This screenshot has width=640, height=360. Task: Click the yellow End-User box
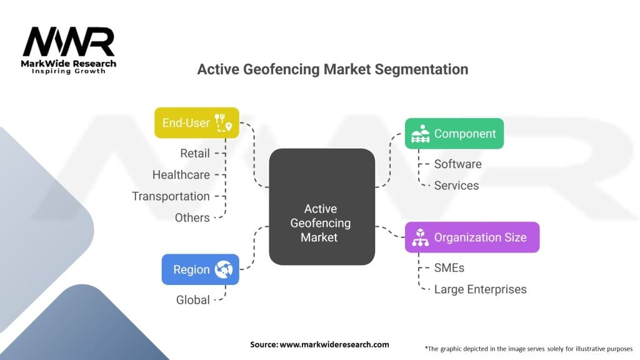point(196,122)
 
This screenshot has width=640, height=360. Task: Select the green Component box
point(454,133)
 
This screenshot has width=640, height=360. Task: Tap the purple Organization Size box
point(472,237)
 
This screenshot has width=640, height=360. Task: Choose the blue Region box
point(200,269)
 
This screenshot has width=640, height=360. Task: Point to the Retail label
point(195,153)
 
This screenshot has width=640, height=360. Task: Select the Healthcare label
point(181,175)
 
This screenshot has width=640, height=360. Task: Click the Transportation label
point(171,196)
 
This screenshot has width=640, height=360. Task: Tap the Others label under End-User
point(192,217)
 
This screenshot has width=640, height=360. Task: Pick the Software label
point(457,164)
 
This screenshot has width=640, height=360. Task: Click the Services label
point(456,185)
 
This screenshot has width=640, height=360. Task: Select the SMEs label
point(449,267)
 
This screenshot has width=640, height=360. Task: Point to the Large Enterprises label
point(480,289)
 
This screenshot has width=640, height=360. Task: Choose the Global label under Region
point(192,300)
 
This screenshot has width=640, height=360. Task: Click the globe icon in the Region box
point(223,269)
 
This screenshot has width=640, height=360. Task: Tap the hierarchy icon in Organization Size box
point(420,237)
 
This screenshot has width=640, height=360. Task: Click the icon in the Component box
point(419,134)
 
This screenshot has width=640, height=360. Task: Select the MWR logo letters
point(69,42)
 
